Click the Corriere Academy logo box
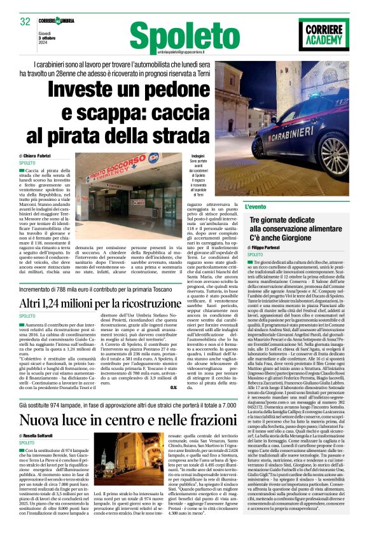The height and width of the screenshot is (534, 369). click(324, 34)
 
